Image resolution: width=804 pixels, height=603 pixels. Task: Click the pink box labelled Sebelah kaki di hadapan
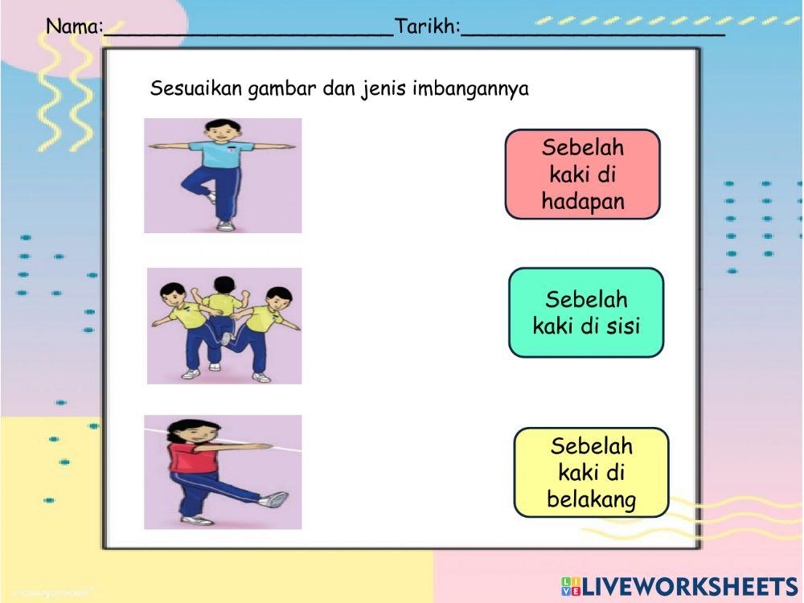pos(582,174)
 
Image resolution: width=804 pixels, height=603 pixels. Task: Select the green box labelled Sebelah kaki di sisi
pos(586,312)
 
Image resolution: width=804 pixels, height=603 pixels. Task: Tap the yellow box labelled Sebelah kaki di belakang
pos(591,473)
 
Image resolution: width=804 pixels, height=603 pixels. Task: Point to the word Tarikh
pos(427,27)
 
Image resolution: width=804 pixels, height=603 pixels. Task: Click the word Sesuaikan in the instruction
pos(196,88)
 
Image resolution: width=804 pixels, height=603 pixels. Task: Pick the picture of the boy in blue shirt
pos(223,175)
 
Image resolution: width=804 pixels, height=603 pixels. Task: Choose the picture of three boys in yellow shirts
pos(224,326)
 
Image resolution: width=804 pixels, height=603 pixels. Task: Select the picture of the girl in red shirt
pos(223,472)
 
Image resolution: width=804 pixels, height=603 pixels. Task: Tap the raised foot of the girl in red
pos(276,499)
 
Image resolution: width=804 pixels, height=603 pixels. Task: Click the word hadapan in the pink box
pos(583,202)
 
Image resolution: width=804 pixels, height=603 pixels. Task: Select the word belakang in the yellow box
pos(592,500)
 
